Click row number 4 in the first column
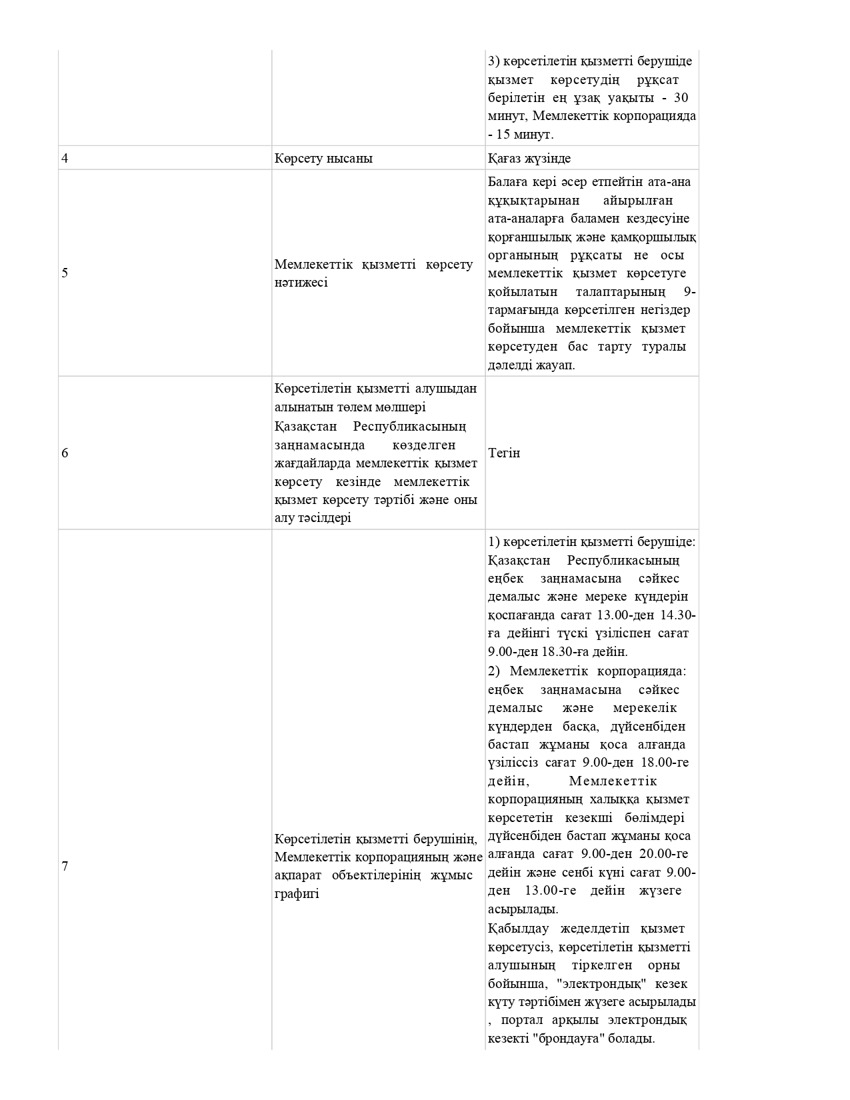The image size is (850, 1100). click(x=65, y=159)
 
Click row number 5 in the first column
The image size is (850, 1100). click(x=65, y=273)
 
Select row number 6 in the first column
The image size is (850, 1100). click(x=65, y=453)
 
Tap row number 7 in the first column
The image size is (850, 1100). click(x=65, y=867)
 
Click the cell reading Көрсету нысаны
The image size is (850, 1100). click(x=323, y=159)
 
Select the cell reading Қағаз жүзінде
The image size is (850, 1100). click(x=529, y=159)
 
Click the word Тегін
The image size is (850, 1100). click(x=504, y=453)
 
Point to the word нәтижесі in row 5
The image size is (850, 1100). click(x=301, y=283)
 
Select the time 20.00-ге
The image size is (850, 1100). click(x=661, y=854)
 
